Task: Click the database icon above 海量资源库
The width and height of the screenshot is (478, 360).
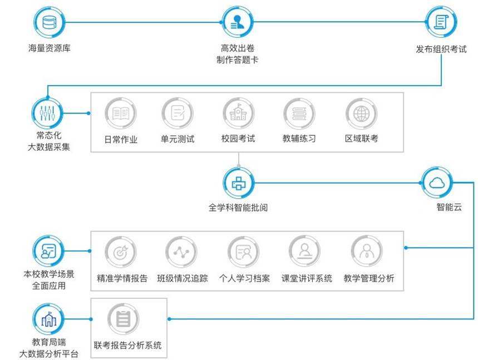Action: (49, 22)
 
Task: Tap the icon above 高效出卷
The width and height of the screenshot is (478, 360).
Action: (238, 22)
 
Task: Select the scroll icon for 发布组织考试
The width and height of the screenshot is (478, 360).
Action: (441, 22)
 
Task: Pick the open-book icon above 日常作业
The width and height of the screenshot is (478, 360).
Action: (121, 114)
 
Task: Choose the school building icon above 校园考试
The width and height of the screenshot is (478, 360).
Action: (238, 114)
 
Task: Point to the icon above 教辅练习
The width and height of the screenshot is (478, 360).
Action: (299, 114)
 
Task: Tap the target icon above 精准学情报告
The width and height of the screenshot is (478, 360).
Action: (121, 252)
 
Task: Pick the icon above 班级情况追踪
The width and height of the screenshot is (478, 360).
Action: (181, 252)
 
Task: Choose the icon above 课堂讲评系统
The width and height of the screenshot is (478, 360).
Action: (304, 252)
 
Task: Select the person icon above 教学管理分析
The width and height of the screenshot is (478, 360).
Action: (367, 252)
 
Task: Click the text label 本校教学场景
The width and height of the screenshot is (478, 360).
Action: (49, 274)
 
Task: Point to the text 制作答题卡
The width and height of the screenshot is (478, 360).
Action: (238, 60)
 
